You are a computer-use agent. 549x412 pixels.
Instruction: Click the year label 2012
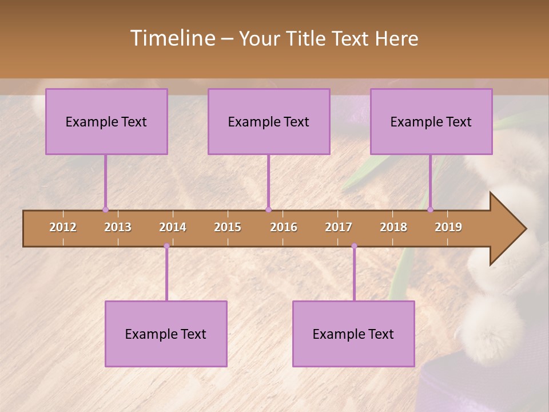click(x=63, y=227)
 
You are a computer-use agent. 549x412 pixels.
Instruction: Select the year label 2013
click(x=118, y=227)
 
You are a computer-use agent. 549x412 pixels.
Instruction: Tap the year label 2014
click(x=173, y=227)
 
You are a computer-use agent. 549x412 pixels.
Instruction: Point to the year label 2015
click(x=228, y=227)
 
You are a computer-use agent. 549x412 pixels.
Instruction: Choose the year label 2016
click(x=284, y=227)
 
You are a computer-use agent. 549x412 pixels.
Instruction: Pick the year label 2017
click(x=339, y=227)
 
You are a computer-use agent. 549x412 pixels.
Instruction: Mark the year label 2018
click(x=393, y=227)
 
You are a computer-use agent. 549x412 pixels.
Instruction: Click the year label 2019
click(x=448, y=227)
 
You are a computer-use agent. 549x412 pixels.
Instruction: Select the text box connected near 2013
click(x=106, y=121)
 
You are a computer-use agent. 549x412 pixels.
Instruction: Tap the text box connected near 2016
click(x=269, y=121)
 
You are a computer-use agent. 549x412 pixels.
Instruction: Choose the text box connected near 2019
click(x=431, y=121)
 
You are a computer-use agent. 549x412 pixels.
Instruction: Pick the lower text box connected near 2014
click(x=166, y=334)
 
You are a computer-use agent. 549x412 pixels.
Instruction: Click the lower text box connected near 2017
click(x=353, y=334)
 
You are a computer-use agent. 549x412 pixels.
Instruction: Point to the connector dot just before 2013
click(x=105, y=209)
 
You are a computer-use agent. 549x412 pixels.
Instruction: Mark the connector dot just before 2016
click(x=268, y=209)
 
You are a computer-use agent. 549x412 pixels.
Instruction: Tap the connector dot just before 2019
click(x=431, y=209)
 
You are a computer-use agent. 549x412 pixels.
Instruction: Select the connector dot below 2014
click(x=166, y=246)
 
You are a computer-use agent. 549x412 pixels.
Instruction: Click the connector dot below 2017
click(x=354, y=246)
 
